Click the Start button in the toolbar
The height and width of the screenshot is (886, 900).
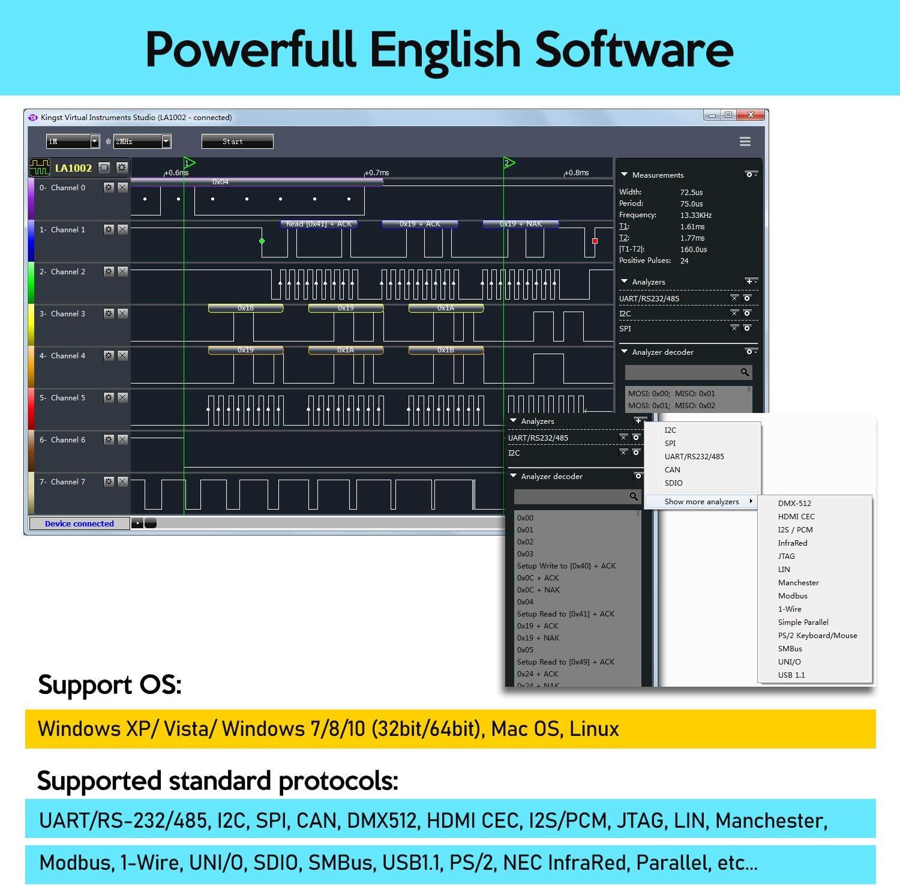point(237,142)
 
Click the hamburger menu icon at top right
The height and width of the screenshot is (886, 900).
point(745,142)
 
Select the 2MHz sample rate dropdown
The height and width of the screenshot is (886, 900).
point(142,142)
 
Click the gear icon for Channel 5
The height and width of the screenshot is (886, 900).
point(109,397)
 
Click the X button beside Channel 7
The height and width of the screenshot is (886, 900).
point(122,481)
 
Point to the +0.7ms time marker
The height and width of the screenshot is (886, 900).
point(377,173)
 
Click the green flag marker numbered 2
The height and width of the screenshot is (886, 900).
point(509,163)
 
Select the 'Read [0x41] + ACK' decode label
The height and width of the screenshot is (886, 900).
point(319,224)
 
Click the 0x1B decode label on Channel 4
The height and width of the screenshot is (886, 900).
point(445,350)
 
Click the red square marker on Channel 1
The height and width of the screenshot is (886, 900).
point(595,241)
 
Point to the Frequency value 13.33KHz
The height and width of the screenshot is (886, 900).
point(695,215)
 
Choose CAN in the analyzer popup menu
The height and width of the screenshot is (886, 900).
point(672,470)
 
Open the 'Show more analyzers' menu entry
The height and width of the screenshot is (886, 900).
point(701,502)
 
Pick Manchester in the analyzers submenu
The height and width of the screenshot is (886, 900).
point(798,583)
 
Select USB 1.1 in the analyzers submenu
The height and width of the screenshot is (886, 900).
point(791,675)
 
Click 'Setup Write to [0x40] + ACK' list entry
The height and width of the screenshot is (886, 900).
point(566,566)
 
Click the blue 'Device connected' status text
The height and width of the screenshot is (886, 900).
point(79,523)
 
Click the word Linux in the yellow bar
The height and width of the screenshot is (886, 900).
point(594,729)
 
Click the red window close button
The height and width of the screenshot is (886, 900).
point(751,115)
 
